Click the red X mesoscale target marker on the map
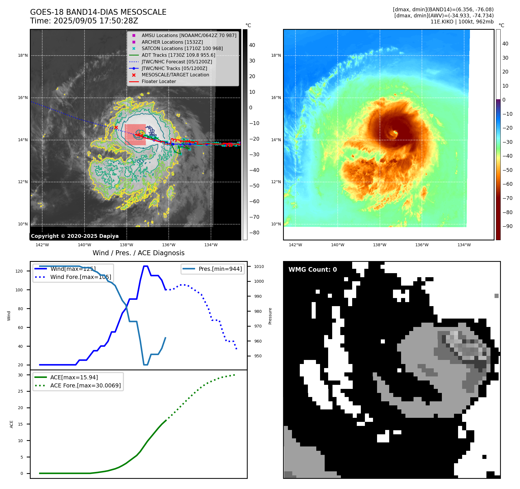(116, 127)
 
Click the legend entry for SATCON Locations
(182, 49)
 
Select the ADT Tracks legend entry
(178, 55)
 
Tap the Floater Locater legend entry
(159, 82)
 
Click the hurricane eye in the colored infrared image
(394, 133)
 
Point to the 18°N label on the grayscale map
(23, 56)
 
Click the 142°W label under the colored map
(295, 245)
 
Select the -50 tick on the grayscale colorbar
(254, 186)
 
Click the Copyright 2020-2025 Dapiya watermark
(75, 236)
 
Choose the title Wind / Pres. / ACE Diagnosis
(138, 253)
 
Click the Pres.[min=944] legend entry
(220, 269)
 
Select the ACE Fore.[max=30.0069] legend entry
(85, 385)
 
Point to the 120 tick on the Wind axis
(19, 271)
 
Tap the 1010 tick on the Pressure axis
(259, 266)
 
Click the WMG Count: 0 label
(313, 270)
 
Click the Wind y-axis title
(9, 316)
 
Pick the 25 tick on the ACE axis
(20, 391)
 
